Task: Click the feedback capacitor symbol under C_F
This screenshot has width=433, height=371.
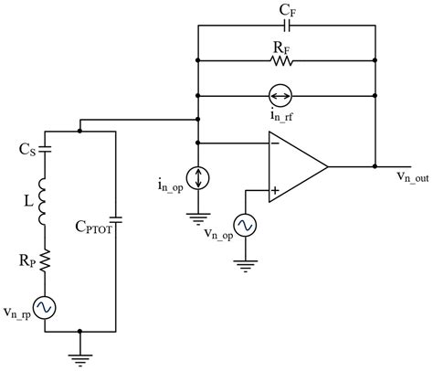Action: tap(286, 27)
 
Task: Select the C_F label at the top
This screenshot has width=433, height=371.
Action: tap(287, 10)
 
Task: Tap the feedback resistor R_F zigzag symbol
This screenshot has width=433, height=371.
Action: tap(281, 61)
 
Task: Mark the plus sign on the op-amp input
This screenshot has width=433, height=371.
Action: tap(274, 190)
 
